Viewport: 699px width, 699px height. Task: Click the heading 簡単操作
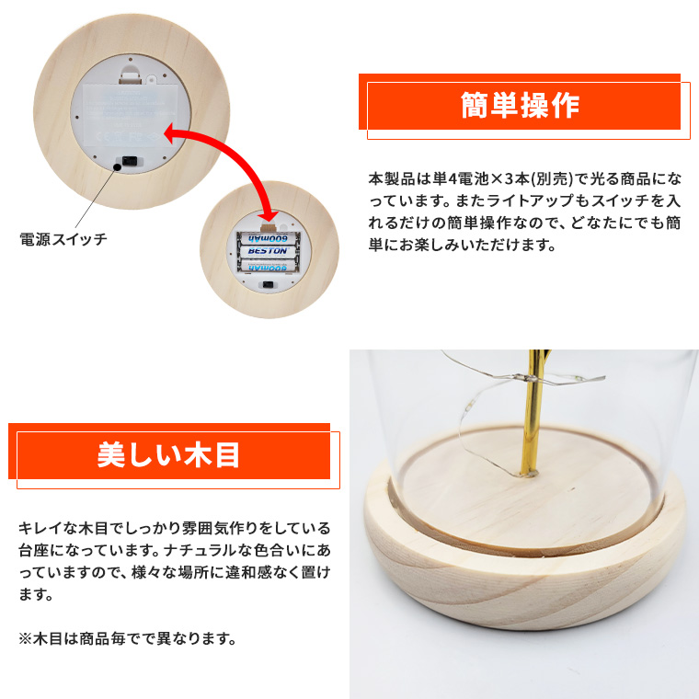[x=520, y=105]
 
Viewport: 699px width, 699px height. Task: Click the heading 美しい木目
[x=168, y=454]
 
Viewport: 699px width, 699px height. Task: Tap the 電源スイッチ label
[x=63, y=239]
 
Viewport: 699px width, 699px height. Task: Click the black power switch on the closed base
[x=130, y=162]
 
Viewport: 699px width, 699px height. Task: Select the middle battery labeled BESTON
[x=268, y=251]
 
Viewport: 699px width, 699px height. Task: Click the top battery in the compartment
[x=268, y=238]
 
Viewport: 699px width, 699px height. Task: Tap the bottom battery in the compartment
[x=268, y=267]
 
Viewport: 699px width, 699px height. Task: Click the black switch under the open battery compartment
[x=268, y=284]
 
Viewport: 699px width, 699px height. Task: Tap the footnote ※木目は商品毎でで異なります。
[x=128, y=638]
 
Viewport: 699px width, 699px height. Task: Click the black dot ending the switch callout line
[x=117, y=167]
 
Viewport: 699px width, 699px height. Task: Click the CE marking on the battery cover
[x=104, y=137]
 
